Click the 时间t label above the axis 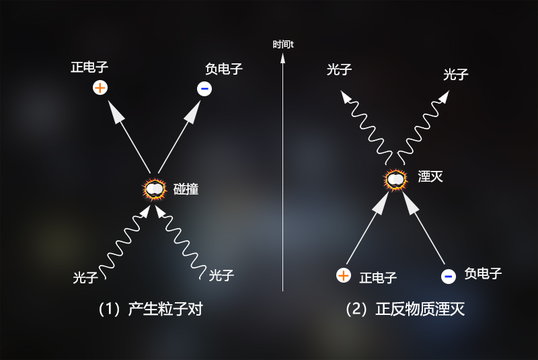(283, 44)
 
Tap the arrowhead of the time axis (283, 58)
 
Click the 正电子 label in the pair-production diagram (89, 68)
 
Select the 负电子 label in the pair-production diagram (224, 69)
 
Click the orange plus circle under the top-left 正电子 (100, 87)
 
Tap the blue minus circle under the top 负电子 (204, 88)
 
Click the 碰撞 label (186, 189)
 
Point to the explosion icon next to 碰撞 (155, 188)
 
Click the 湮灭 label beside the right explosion (430, 177)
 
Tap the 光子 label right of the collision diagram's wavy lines (221, 275)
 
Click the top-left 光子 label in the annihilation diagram (340, 69)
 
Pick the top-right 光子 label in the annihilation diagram (455, 74)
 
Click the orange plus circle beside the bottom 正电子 (344, 275)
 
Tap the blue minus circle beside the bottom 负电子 (448, 275)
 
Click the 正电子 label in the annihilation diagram (378, 277)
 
